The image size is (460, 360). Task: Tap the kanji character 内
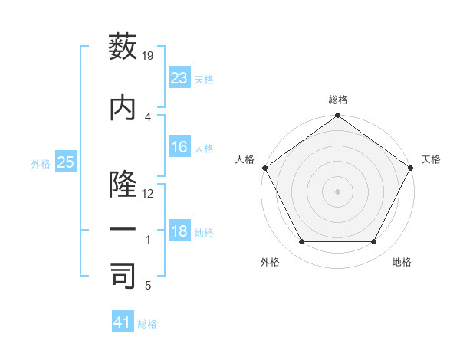tap(123, 108)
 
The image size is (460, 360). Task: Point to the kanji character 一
tap(123, 231)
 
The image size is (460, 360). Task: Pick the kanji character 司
tap(123, 277)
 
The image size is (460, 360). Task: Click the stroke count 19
tap(149, 55)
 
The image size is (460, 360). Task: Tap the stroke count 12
tap(149, 194)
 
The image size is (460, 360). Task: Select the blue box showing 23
tap(179, 77)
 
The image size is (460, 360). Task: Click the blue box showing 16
tap(179, 147)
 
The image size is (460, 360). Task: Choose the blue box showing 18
tap(179, 231)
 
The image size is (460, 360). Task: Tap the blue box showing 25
tap(65, 162)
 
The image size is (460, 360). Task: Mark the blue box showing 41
tap(123, 322)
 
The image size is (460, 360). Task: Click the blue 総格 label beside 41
tap(147, 324)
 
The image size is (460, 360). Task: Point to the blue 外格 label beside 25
tap(41, 163)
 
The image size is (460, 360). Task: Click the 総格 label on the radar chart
tap(338, 100)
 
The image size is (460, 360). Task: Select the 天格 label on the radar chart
tap(432, 159)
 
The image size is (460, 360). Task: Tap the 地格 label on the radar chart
tap(402, 262)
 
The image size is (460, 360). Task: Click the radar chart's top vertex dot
tap(337, 116)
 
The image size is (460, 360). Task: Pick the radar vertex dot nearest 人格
tap(265, 168)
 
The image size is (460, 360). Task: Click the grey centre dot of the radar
tap(337, 191)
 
